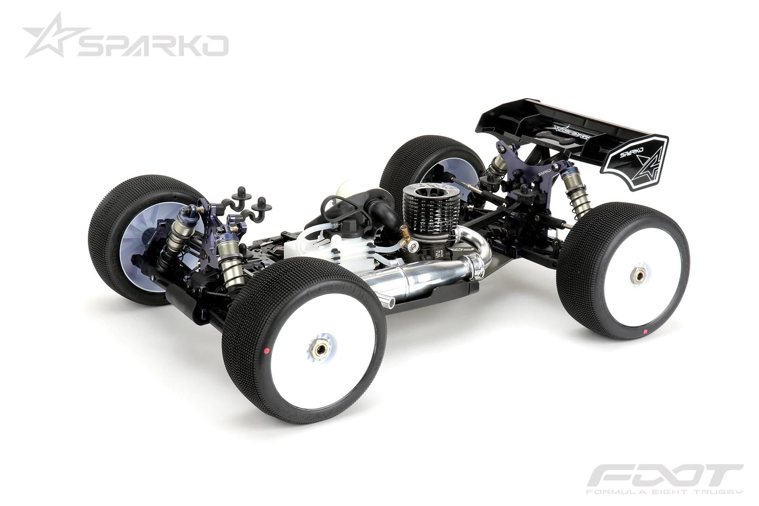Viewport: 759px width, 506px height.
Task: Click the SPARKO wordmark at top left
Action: [x=152, y=45]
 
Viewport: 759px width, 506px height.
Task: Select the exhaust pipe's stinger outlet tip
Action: [x=389, y=302]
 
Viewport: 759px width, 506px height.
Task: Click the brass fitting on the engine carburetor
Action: [x=404, y=229]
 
